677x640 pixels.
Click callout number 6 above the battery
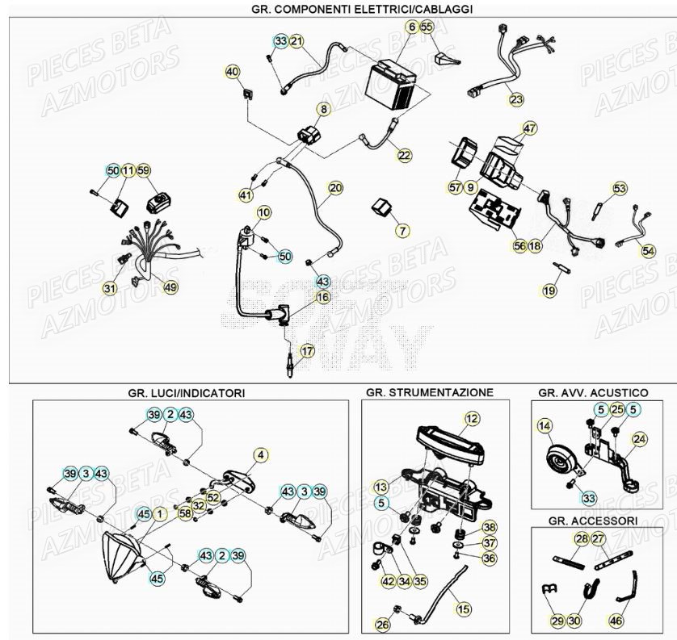tap(412, 27)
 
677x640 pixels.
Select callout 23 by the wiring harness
tap(516, 100)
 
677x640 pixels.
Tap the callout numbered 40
tap(233, 72)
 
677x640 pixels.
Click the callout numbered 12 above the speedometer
tap(472, 418)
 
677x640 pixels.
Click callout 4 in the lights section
tap(261, 455)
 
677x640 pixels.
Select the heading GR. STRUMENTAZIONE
tap(428, 392)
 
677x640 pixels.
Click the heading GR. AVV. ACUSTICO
tap(593, 392)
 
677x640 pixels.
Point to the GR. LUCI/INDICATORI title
tap(186, 393)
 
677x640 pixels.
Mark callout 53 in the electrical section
tap(620, 189)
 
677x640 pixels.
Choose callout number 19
tap(549, 291)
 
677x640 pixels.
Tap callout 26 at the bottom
tap(382, 624)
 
